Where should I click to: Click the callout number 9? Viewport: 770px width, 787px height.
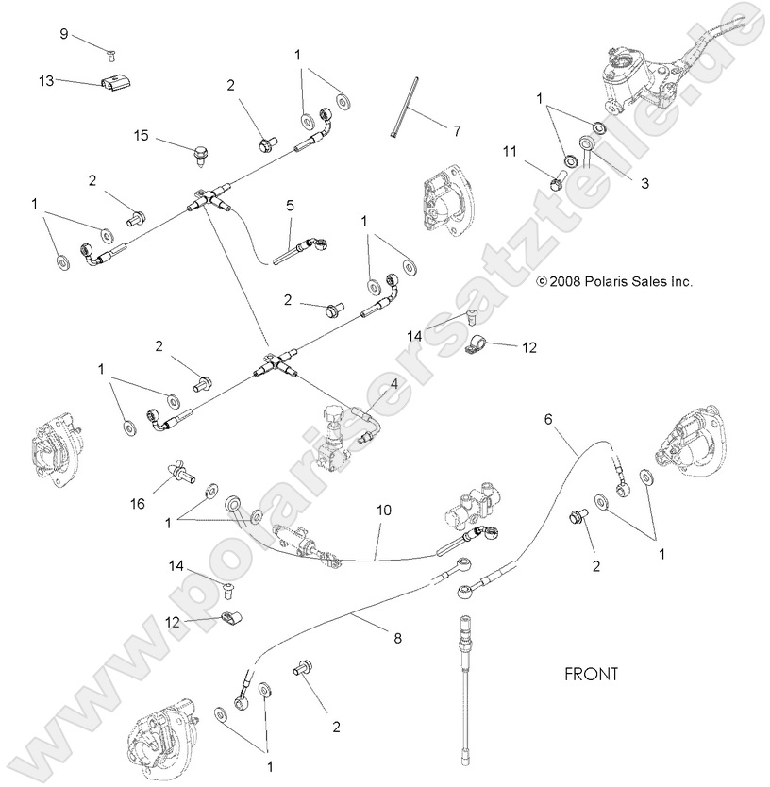click(x=64, y=34)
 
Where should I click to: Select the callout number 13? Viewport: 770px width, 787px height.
click(x=46, y=82)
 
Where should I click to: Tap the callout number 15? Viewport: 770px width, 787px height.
click(x=141, y=137)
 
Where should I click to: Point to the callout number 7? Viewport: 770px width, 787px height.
click(x=457, y=129)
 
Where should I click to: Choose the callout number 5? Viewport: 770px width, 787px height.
click(x=291, y=204)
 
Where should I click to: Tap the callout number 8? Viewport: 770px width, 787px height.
click(x=397, y=639)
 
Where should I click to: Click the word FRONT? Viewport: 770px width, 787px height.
click(x=591, y=674)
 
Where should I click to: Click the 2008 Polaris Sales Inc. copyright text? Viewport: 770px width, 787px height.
click(x=614, y=281)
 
